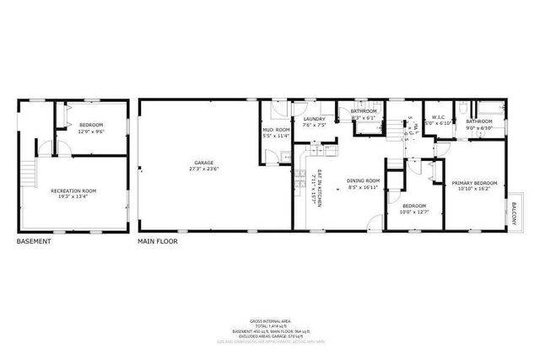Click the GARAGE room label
click(203, 162)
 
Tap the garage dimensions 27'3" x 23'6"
click(203, 169)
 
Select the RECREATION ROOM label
click(73, 191)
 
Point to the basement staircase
click(31, 174)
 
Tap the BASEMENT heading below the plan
click(34, 242)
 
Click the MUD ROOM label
click(276, 130)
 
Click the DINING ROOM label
click(364, 180)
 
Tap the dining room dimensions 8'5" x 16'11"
click(364, 187)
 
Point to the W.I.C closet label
click(438, 118)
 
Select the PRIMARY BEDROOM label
click(473, 183)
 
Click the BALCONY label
click(513, 212)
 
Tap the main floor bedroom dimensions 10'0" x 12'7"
click(413, 212)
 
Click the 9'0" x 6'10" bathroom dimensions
click(479, 128)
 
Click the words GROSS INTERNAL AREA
click(270, 321)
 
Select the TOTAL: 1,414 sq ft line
click(270, 326)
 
